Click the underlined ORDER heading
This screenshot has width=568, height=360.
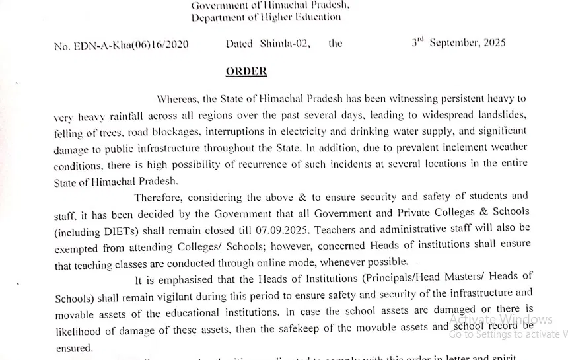point(246,71)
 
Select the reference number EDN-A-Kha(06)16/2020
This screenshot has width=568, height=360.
point(131,44)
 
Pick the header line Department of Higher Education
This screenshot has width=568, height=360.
point(266,17)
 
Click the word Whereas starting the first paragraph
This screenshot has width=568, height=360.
point(177,99)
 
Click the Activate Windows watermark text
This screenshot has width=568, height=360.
point(501,320)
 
